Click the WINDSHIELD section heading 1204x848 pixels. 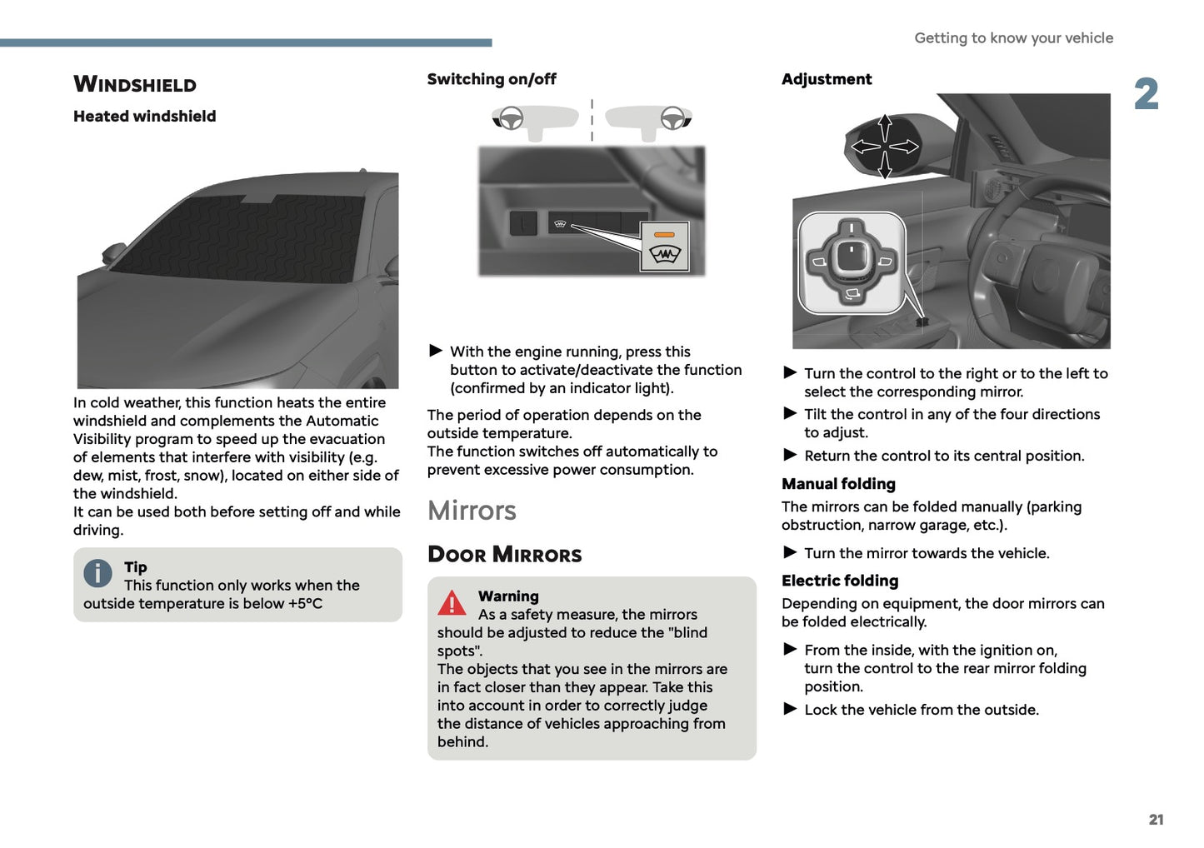(x=135, y=84)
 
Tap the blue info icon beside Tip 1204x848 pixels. (x=97, y=573)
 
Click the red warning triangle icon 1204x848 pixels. (x=452, y=603)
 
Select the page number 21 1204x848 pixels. (x=1156, y=820)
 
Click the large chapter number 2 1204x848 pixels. (x=1146, y=94)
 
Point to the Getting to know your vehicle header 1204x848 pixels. (x=1013, y=37)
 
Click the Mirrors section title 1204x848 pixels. (x=472, y=510)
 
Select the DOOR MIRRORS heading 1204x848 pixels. (x=504, y=555)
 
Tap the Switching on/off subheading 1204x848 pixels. (x=492, y=79)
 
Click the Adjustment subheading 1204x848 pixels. (x=827, y=79)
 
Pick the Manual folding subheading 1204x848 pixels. (x=838, y=484)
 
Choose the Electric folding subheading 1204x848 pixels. (x=840, y=581)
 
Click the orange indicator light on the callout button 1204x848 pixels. (x=664, y=235)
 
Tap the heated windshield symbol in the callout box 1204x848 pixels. (x=664, y=254)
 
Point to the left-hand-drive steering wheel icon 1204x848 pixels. (x=510, y=118)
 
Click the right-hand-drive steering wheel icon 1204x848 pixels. (x=672, y=118)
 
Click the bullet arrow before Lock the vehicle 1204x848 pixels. (x=790, y=709)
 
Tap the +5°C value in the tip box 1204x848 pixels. (x=305, y=604)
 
